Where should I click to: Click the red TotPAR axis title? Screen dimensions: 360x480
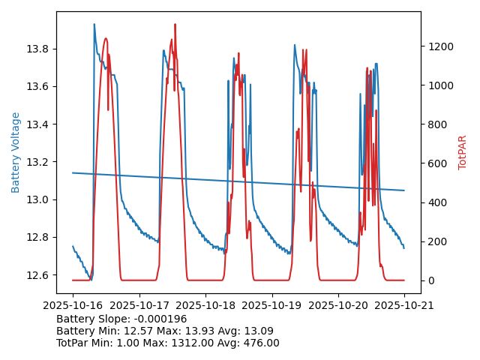pos(463,152)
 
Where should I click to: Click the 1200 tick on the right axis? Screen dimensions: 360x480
pos(440,46)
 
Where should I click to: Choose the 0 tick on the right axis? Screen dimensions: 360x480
pos(430,280)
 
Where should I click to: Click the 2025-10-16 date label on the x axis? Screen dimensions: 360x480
pos(73,305)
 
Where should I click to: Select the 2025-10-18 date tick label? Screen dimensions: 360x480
pos(205,305)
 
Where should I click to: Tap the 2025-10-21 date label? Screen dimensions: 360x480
pos(404,305)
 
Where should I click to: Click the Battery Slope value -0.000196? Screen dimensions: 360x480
pos(160,319)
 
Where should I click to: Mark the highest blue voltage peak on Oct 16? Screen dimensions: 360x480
pos(94,25)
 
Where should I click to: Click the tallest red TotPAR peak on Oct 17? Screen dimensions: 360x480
pos(175,25)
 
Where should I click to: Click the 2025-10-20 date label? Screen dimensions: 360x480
pos(338,305)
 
